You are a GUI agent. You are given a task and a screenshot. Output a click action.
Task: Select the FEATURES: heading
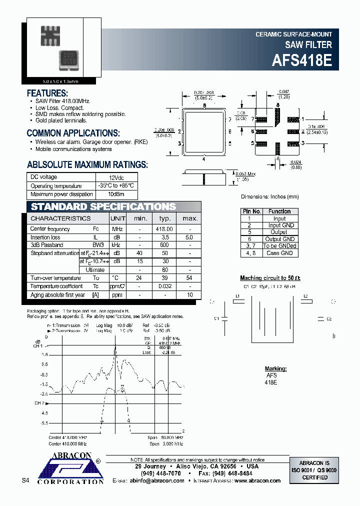(47, 93)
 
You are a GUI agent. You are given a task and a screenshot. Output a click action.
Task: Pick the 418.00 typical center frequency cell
(165, 229)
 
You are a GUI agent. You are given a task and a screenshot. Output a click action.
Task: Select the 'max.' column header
(190, 218)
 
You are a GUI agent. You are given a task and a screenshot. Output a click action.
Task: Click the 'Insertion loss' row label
(45, 237)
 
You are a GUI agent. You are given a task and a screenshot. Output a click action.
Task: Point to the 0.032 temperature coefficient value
(165, 286)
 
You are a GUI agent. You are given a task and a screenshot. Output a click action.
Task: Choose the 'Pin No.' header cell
(251, 211)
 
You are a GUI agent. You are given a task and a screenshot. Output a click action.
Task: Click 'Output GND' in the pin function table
(279, 239)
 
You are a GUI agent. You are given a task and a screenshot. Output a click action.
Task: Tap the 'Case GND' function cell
(279, 253)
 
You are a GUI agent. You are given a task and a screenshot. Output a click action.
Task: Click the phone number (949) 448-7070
(162, 473)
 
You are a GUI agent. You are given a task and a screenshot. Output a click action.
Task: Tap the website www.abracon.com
(257, 480)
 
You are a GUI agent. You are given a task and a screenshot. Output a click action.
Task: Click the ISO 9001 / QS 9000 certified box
(314, 470)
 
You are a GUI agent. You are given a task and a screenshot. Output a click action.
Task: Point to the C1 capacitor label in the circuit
(216, 318)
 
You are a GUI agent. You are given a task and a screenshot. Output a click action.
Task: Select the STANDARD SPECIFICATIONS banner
(103, 207)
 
